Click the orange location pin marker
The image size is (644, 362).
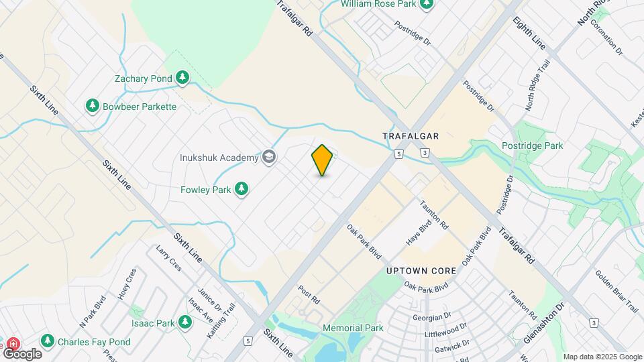[x=323, y=160]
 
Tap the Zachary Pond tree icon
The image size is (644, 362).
[x=182, y=78]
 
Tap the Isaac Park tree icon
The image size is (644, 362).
[x=185, y=323]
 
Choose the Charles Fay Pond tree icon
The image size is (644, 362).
[x=48, y=342]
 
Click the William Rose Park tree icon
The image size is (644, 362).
[x=425, y=4]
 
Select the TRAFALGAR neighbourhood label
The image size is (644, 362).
[x=411, y=136]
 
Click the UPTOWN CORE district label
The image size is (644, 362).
[x=421, y=271]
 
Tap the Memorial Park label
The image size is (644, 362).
[x=353, y=328]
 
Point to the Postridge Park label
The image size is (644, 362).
[x=532, y=145]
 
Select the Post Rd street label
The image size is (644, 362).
[x=310, y=294]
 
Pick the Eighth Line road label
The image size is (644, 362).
[x=529, y=33]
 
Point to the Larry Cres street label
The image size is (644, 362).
[x=168, y=258]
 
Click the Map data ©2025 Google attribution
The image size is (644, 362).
[x=602, y=357]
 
